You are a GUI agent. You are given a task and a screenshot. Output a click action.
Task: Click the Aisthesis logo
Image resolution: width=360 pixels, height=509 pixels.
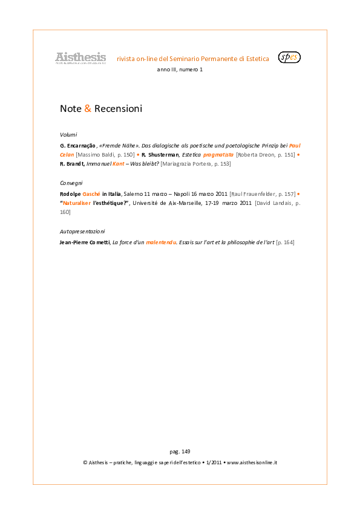pos(80,58)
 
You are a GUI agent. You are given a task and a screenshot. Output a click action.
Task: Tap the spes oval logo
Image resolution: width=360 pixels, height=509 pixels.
pos(289,57)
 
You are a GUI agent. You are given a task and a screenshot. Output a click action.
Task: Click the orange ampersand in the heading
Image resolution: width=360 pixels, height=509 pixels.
pos(88,108)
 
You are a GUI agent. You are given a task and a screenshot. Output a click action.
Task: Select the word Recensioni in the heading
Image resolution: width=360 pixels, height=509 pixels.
pos(118,108)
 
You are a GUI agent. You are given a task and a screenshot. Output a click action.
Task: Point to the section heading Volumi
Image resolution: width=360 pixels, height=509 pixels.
pos(68,135)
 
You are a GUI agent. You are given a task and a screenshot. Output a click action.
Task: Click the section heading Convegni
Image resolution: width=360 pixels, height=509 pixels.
pos(71,183)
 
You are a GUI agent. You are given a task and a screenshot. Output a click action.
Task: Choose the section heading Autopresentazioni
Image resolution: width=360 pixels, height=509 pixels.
pos(82,232)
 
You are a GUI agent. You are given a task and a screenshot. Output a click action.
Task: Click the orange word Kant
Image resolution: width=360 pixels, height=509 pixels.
pos(118,164)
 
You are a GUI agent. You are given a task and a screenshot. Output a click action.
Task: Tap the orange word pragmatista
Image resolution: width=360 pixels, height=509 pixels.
pos(218,155)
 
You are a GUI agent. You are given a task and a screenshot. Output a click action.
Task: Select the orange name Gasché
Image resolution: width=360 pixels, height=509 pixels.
pos(91,194)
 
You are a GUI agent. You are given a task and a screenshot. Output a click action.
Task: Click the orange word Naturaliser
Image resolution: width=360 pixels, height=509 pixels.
pos(77,203)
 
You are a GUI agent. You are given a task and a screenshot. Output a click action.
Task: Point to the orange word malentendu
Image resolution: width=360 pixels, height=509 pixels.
pos(161,242)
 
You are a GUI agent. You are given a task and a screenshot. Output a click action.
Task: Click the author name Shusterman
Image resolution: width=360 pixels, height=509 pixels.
pos(163,155)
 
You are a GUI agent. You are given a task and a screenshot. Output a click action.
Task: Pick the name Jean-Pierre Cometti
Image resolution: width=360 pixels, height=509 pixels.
pos(85,242)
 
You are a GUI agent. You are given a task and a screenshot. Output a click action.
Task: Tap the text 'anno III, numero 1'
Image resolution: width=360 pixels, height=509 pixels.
pos(180,70)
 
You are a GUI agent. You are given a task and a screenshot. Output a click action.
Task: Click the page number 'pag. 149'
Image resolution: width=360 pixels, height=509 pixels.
pos(180,452)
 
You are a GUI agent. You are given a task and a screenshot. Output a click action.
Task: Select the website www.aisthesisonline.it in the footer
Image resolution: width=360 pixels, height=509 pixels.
pos(252,462)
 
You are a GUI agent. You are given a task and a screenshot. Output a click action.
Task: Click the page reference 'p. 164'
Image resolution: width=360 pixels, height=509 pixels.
pos(285,242)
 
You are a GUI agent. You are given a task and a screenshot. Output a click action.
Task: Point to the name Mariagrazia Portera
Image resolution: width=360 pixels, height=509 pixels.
pos(187,164)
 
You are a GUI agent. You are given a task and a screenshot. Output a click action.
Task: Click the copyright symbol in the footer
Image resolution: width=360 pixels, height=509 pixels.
pos(85,462)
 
